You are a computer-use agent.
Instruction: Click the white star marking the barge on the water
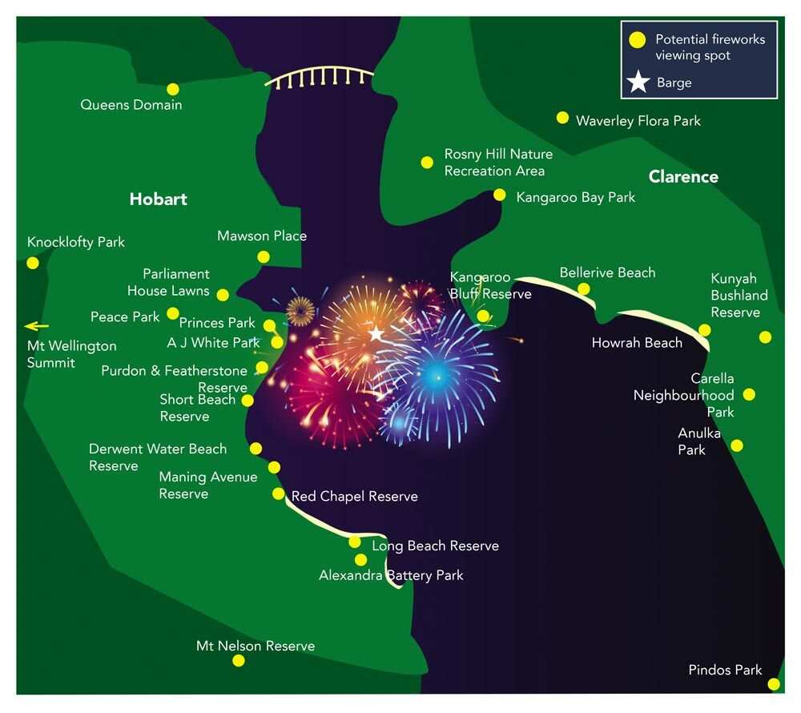coord(376,333)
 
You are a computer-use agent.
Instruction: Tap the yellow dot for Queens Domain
coord(172,89)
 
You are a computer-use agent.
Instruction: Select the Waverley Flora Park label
coord(638,121)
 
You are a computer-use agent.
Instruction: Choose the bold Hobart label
coord(158,199)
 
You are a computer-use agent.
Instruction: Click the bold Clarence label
coord(683,177)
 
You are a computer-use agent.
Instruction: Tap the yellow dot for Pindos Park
coord(774,684)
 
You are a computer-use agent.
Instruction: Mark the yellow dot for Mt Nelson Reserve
coord(238,660)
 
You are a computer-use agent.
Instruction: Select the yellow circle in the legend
coord(638,39)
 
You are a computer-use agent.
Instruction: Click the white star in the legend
coord(638,83)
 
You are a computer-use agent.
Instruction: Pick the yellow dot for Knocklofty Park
coord(33,263)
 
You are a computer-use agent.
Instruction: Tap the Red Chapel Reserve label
coord(354,497)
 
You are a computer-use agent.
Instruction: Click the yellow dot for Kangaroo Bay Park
coord(500,195)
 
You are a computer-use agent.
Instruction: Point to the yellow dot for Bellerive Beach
coord(584,288)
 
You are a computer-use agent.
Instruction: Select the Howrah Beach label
coord(637,343)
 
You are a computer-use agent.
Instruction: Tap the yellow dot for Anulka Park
coord(737,445)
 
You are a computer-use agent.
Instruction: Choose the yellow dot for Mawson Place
coord(263,256)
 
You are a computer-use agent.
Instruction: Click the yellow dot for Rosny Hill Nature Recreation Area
coord(427,163)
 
